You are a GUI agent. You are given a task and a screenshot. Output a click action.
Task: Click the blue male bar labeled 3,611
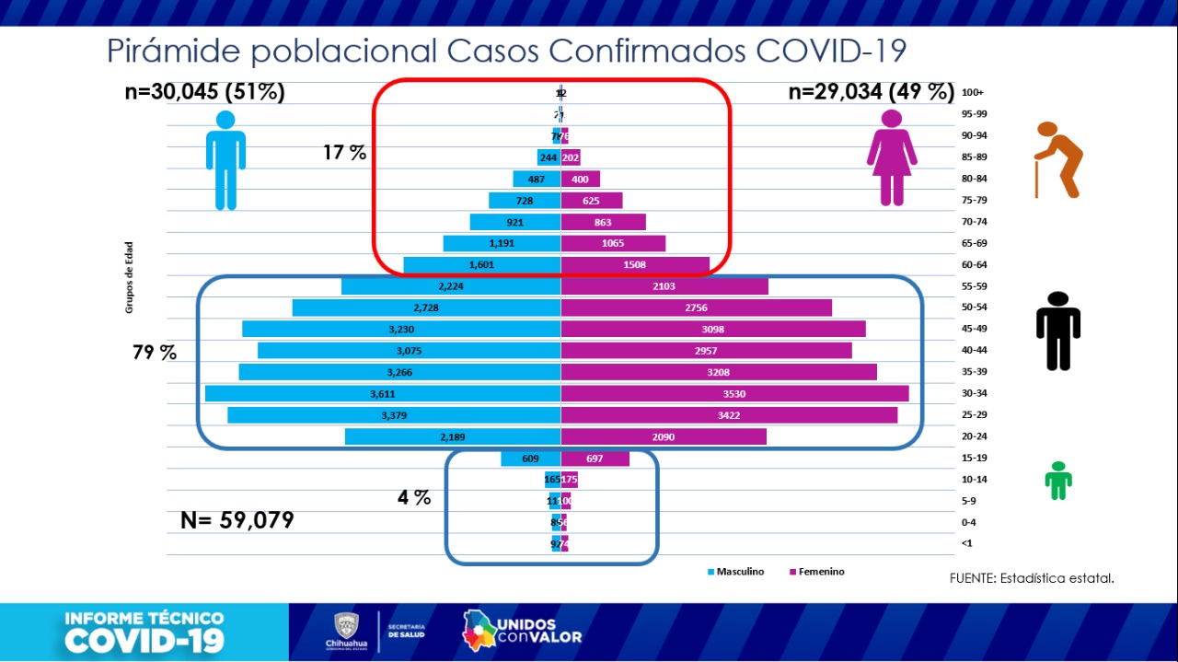(x=383, y=393)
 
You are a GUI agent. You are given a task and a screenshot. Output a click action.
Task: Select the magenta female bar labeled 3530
(x=734, y=393)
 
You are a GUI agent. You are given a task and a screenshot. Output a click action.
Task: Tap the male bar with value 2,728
(x=426, y=308)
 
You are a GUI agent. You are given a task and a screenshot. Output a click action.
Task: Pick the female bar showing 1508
(x=635, y=265)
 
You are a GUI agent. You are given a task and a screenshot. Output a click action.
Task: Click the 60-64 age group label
(x=974, y=265)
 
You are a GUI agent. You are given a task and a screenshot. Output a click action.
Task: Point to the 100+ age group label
(x=972, y=93)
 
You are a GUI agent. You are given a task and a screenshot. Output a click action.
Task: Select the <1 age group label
(x=966, y=544)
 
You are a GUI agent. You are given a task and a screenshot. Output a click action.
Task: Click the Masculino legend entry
(x=735, y=572)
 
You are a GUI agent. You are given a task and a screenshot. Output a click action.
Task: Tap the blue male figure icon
(x=225, y=160)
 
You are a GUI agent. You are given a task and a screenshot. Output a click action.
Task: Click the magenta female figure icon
(x=892, y=157)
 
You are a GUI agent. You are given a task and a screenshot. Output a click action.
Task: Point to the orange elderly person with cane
(x=1057, y=159)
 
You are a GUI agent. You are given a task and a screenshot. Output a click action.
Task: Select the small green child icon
(x=1058, y=480)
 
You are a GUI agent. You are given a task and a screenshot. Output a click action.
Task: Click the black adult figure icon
(x=1058, y=331)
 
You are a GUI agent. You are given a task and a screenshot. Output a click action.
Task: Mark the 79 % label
(x=155, y=353)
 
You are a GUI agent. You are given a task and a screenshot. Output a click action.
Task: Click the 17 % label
(x=344, y=153)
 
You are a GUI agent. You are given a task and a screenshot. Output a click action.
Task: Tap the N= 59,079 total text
(x=237, y=520)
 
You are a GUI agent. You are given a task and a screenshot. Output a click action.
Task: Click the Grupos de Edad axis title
(x=130, y=277)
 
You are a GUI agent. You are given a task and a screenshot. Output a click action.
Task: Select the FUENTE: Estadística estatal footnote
(x=1032, y=578)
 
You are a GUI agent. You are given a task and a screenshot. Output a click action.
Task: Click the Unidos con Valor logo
(x=522, y=629)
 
